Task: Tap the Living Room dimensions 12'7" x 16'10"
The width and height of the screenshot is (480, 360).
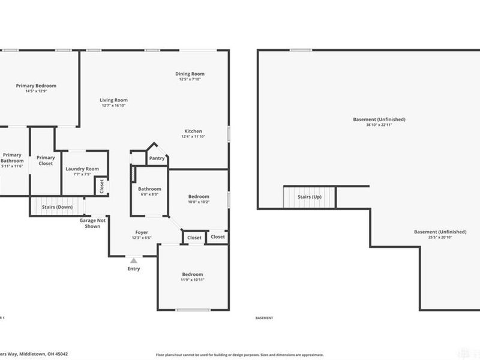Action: coord(113,106)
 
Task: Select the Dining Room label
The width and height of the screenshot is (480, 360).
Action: coord(190,74)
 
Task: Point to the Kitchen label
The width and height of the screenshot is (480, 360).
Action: coord(193,131)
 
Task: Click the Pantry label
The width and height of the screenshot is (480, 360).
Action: coord(157,158)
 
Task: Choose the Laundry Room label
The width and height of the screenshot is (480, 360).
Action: coord(82,169)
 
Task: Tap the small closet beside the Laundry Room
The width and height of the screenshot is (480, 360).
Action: coord(101,186)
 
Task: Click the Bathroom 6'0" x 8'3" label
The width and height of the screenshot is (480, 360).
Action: coord(149,189)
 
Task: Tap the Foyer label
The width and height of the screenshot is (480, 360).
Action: coord(142,232)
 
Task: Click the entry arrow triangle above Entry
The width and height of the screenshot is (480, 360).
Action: coord(134,260)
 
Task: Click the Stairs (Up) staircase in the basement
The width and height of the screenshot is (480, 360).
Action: coord(308,197)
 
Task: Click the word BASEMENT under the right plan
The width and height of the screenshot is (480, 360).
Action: coord(264,318)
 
